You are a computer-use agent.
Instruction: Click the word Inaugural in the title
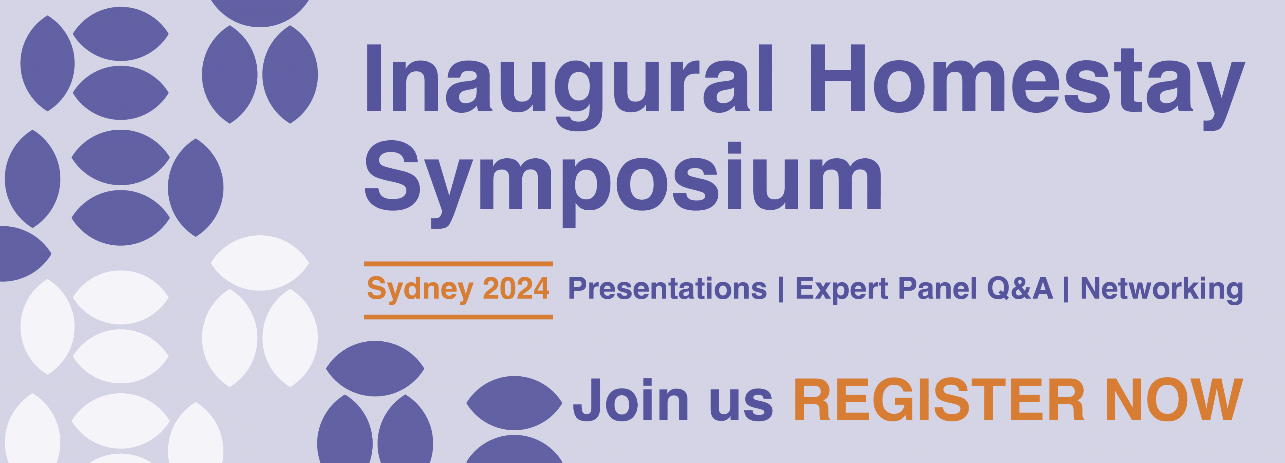coord(569,87)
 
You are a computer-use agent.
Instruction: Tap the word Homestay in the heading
coord(1028,87)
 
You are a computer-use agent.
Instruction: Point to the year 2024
coord(516,289)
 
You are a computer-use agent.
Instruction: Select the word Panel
coord(937,289)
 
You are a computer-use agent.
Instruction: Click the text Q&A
coord(1020,289)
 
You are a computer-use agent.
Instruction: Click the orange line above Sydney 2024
coord(458,264)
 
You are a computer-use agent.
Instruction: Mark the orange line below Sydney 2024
coord(458,317)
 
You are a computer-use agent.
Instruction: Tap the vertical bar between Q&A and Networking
coord(1066,289)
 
